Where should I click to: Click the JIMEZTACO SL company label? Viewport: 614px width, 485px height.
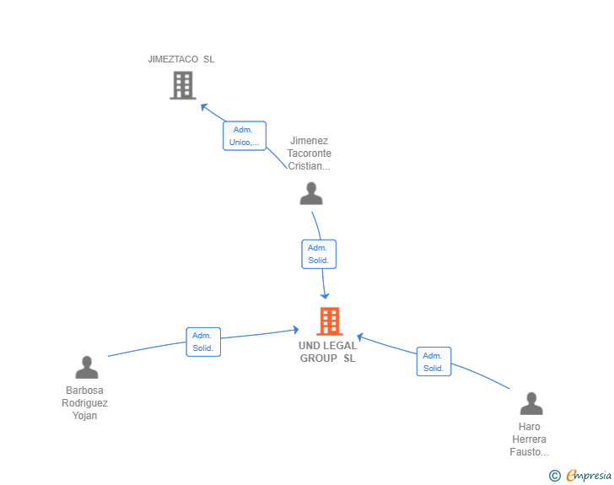point(180,59)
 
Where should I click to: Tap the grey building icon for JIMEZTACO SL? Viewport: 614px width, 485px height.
point(183,85)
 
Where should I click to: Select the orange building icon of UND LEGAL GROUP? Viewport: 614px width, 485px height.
point(329,321)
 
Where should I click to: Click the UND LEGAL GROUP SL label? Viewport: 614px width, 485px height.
point(328,352)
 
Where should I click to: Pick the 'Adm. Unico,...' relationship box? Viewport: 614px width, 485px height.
point(245,136)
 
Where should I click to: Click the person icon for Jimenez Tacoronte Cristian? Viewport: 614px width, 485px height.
point(311,193)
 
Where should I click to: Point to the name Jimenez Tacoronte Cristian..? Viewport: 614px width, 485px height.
point(309,154)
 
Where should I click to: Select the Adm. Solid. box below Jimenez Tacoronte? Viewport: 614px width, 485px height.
point(319,254)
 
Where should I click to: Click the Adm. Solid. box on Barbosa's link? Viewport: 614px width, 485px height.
point(203,342)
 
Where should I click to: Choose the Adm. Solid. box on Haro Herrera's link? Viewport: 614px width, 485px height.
point(434,361)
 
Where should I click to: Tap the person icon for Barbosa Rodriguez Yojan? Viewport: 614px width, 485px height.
point(87,367)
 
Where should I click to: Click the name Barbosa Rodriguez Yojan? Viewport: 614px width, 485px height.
point(84,402)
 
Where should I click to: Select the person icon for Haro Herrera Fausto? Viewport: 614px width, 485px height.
point(531,403)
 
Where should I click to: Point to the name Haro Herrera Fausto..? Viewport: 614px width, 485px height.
point(529,439)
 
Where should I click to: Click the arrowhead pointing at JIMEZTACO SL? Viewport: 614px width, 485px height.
point(203,106)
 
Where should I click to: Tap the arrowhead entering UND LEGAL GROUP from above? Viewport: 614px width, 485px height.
point(325,295)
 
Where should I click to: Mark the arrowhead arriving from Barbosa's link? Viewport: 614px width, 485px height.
point(296,330)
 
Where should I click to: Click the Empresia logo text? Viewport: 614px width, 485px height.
point(589,475)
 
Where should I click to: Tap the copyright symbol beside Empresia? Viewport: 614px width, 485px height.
point(554,476)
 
